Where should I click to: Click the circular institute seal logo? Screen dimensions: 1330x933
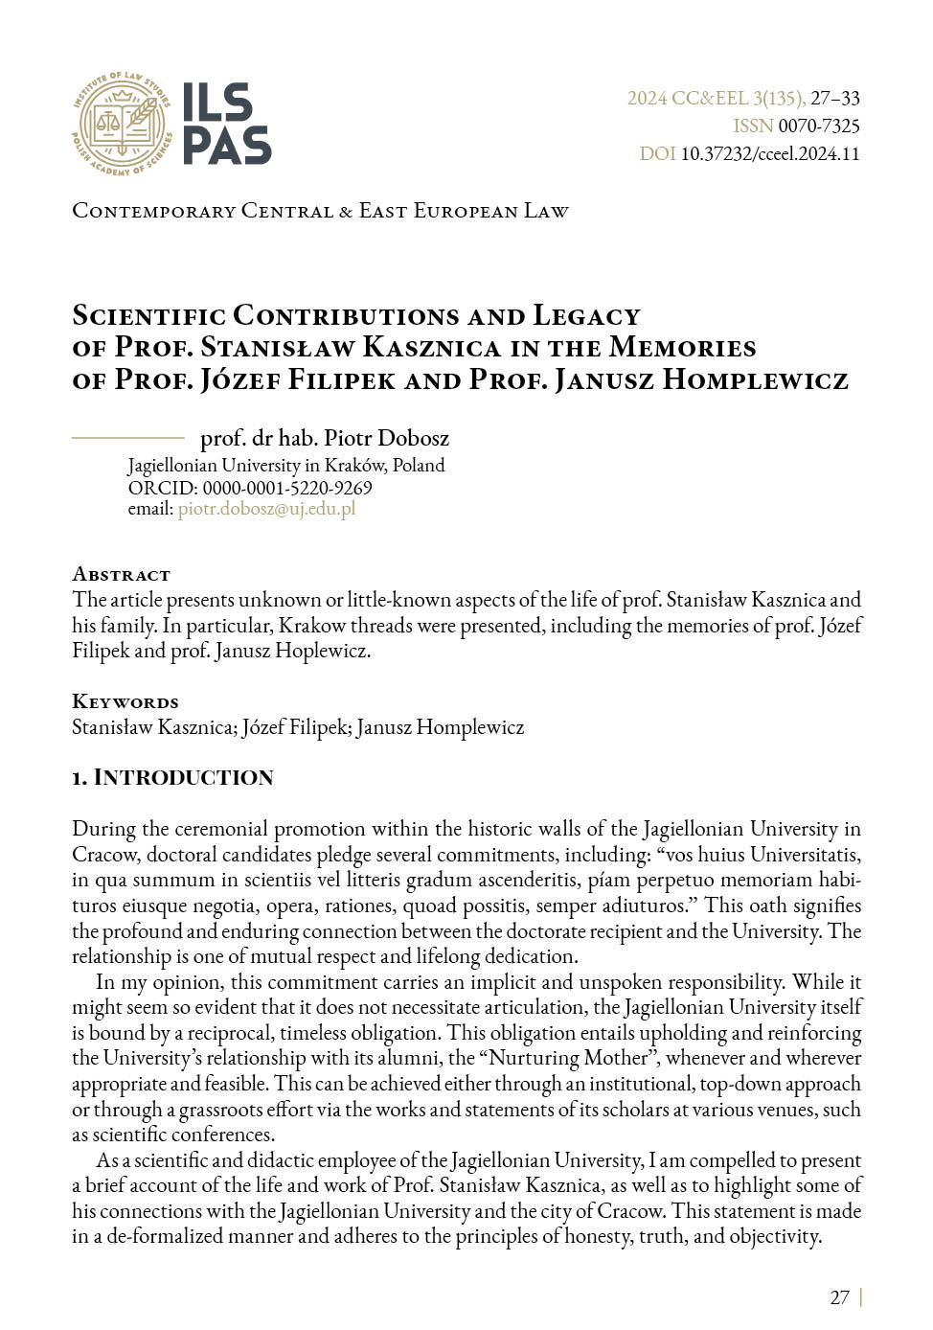(x=122, y=123)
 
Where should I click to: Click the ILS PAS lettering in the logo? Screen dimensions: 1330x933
(x=226, y=123)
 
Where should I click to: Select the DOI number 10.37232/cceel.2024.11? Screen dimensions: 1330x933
(x=769, y=153)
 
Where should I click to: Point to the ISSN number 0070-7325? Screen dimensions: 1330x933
(x=818, y=126)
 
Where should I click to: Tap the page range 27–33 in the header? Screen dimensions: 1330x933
(x=834, y=98)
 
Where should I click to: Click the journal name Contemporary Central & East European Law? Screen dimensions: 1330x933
(x=320, y=210)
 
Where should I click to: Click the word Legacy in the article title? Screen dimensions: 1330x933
(x=586, y=315)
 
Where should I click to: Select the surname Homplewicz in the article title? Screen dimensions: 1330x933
(x=755, y=379)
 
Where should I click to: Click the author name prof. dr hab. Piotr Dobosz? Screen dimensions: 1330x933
(x=324, y=438)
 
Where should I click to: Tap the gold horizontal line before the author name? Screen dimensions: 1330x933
(x=127, y=437)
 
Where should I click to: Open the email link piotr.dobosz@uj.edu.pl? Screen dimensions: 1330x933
(x=266, y=508)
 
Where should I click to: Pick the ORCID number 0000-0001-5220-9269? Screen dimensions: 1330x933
(x=286, y=487)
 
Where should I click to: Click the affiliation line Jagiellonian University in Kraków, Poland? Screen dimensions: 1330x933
(x=285, y=465)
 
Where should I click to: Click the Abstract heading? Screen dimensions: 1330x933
(x=121, y=574)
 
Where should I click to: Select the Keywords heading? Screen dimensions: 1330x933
(x=125, y=701)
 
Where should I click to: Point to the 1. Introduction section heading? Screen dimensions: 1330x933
(x=172, y=777)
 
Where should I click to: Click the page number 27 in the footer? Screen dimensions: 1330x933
(x=839, y=1297)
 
